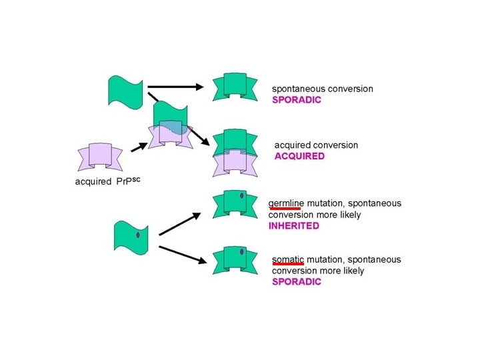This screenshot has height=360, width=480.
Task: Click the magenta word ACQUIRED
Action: coord(299,157)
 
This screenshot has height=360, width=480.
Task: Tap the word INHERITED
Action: coord(294,226)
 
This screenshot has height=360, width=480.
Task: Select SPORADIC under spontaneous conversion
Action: coord(296,99)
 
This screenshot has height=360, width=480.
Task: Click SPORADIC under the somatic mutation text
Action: coord(296,281)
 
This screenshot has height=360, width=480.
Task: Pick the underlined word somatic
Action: coord(288,259)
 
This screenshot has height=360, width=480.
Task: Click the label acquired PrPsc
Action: coord(107,181)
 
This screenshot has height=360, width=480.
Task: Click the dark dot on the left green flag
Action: coord(137,235)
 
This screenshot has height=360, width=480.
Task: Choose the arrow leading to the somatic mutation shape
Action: coord(181,255)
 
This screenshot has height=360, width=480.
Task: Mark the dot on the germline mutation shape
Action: coord(241,195)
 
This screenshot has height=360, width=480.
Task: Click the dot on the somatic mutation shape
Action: coord(242,251)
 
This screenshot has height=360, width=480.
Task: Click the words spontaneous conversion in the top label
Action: coord(322,88)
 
